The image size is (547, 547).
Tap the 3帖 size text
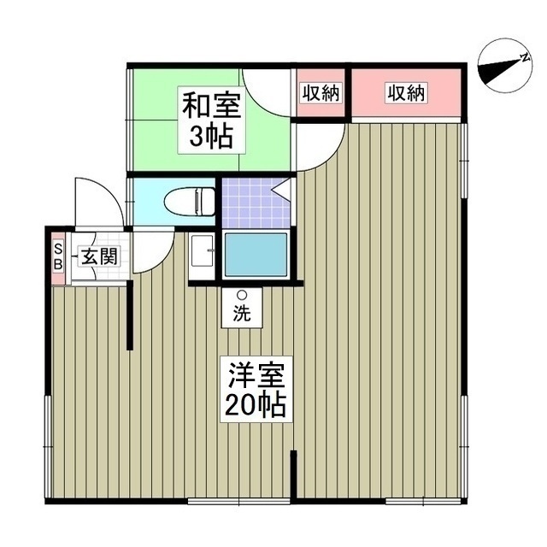[210, 136]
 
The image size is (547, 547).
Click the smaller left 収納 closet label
[321, 93]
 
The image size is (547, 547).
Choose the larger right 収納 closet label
[405, 93]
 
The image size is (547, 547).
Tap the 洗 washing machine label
[243, 313]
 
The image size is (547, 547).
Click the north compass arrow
[502, 66]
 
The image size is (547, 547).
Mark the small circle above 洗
[242, 295]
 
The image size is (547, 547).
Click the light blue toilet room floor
[150, 202]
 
